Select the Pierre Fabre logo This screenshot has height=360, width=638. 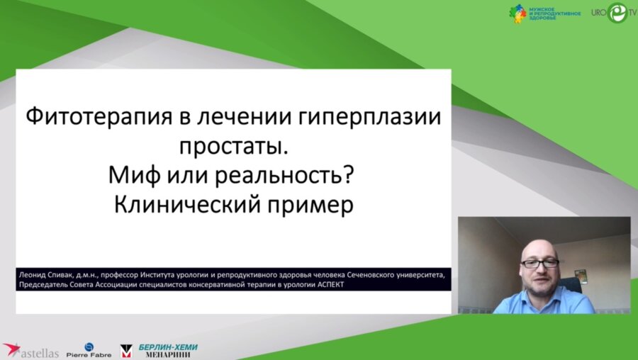pyautogui.click(x=88, y=350)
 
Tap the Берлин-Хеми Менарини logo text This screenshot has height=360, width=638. pyautogui.click(x=168, y=350)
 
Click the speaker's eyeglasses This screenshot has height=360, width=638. pyautogui.click(x=540, y=263)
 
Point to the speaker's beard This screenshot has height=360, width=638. pyautogui.click(x=540, y=283)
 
